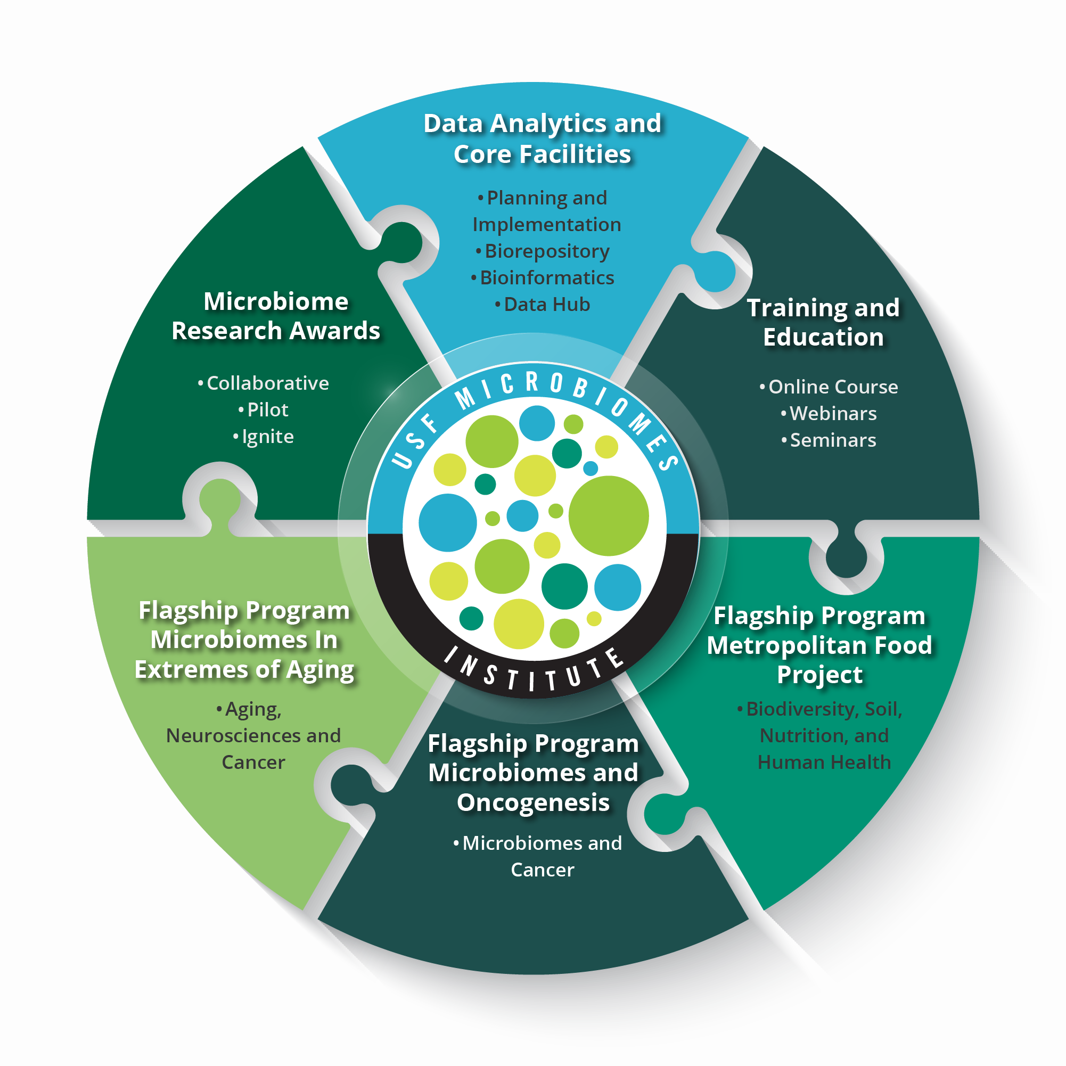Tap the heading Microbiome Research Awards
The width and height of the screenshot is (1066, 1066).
coord(275,316)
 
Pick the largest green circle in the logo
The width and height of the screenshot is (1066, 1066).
coord(609,516)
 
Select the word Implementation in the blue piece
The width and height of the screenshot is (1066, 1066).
coord(546,225)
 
